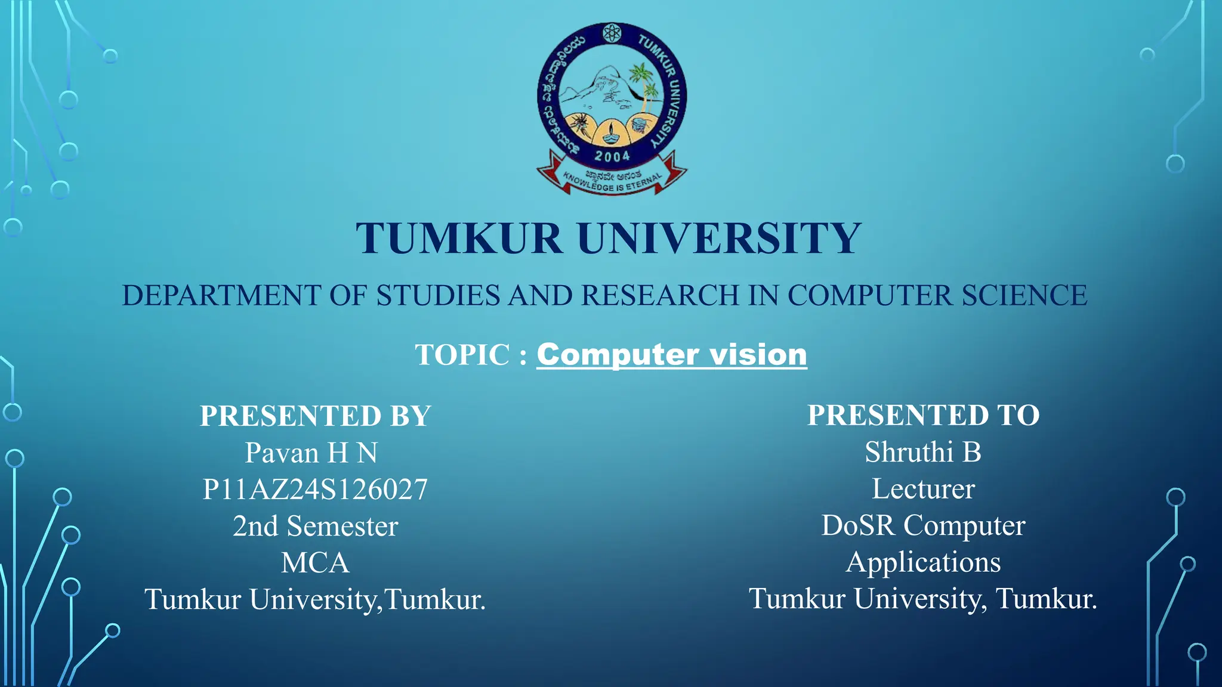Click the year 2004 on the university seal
click(x=612, y=156)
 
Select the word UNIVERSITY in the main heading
click(x=719, y=239)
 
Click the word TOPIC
click(x=462, y=355)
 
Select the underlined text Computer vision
click(x=672, y=355)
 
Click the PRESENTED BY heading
click(x=315, y=416)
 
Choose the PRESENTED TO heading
click(x=923, y=415)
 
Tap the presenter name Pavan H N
click(x=311, y=453)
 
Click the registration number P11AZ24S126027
click(x=315, y=490)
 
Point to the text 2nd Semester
click(x=315, y=527)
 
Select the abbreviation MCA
click(x=315, y=563)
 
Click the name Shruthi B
click(x=923, y=452)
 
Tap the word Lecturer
click(x=923, y=489)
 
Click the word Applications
click(x=923, y=562)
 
